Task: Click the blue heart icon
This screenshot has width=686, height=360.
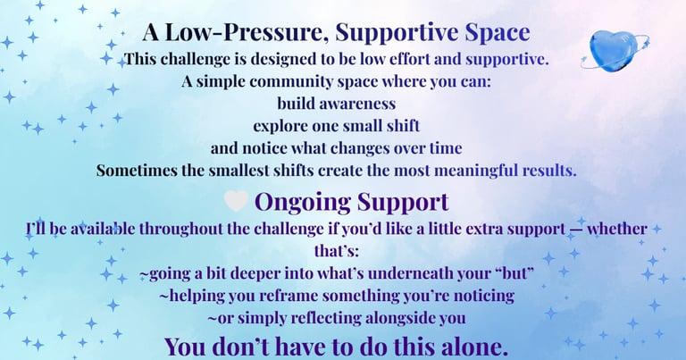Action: [x=615, y=50]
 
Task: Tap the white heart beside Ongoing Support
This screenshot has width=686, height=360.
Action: [x=236, y=201]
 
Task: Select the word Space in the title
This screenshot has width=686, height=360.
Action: [x=497, y=33]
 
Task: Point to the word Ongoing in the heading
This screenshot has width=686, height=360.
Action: [x=303, y=203]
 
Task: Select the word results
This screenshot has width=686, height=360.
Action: [x=549, y=170]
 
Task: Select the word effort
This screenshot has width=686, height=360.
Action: [x=408, y=59]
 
